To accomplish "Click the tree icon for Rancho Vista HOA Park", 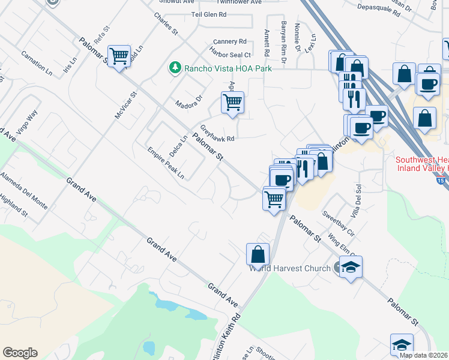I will click(175, 68).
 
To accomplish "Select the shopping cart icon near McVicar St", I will click(119, 56).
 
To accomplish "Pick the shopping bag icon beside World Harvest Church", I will click(258, 254).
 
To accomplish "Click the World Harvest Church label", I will click(290, 268).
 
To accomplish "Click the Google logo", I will click(20, 353).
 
